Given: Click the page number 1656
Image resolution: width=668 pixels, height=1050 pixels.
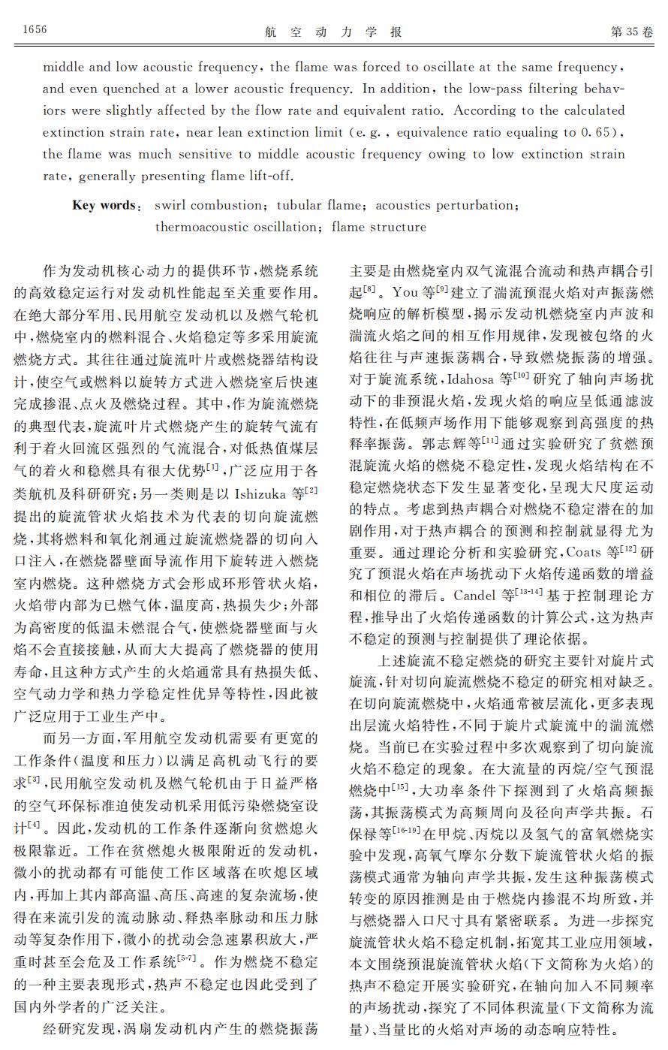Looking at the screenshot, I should coord(35,29).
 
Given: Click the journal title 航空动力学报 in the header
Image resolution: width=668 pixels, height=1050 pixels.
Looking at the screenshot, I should coord(334,32).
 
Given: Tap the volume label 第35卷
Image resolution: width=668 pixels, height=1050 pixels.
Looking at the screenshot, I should coord(632,31).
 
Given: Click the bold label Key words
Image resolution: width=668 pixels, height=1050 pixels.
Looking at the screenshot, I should coord(104,205).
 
